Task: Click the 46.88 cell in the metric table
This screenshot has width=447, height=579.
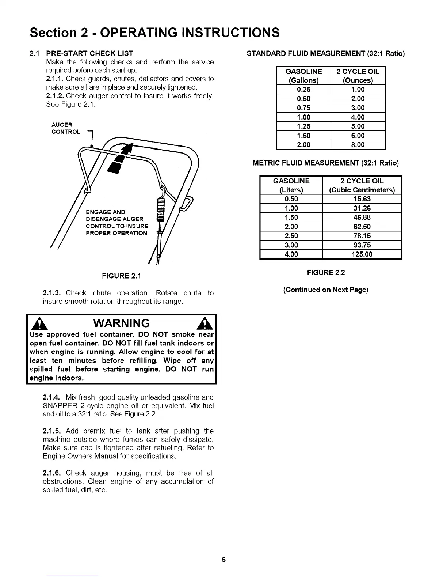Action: click(x=362, y=217)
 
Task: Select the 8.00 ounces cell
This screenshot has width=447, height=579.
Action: click(x=358, y=145)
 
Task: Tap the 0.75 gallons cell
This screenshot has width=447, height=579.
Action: click(x=303, y=108)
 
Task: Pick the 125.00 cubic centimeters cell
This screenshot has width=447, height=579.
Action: click(x=362, y=254)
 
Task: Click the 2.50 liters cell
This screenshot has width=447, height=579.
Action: click(x=291, y=236)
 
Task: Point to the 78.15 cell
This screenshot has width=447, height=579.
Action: click(x=362, y=236)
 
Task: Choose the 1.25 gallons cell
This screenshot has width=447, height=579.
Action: click(x=303, y=126)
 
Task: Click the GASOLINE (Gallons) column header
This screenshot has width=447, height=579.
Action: click(x=303, y=76)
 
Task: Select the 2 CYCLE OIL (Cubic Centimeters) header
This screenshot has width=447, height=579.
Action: click(x=362, y=185)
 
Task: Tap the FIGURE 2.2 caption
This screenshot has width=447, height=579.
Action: click(x=326, y=273)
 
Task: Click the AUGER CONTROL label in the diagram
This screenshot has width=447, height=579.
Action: click(x=66, y=128)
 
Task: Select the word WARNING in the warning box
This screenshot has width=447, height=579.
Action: click(x=122, y=323)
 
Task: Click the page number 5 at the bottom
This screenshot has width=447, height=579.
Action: click(x=224, y=560)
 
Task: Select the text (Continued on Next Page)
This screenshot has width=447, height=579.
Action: click(x=326, y=290)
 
